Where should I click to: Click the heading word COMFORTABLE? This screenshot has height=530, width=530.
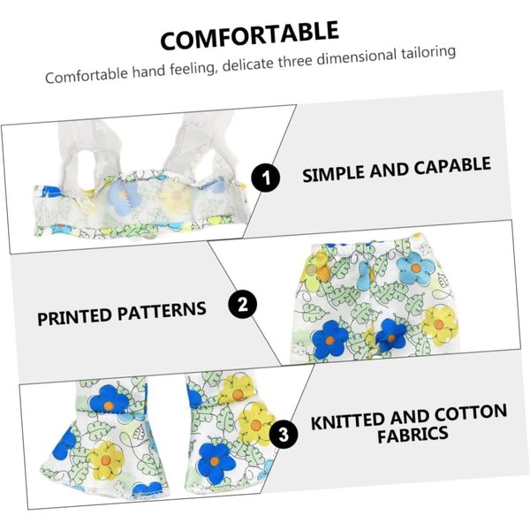(249, 35)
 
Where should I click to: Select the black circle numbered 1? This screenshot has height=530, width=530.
(265, 178)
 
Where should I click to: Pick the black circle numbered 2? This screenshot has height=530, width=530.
(242, 304)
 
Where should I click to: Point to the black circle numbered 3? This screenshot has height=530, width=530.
(284, 434)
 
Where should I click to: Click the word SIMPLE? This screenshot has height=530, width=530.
(334, 173)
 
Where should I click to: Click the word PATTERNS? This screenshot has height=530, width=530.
(162, 311)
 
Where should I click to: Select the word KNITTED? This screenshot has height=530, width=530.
(348, 421)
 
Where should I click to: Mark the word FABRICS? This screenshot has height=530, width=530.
(413, 435)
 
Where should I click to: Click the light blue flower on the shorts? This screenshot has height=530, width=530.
(415, 269)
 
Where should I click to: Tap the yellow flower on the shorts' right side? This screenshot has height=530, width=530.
(439, 325)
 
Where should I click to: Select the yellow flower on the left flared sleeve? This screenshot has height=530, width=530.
(105, 461)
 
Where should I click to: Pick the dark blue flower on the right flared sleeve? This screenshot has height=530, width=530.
(216, 462)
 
